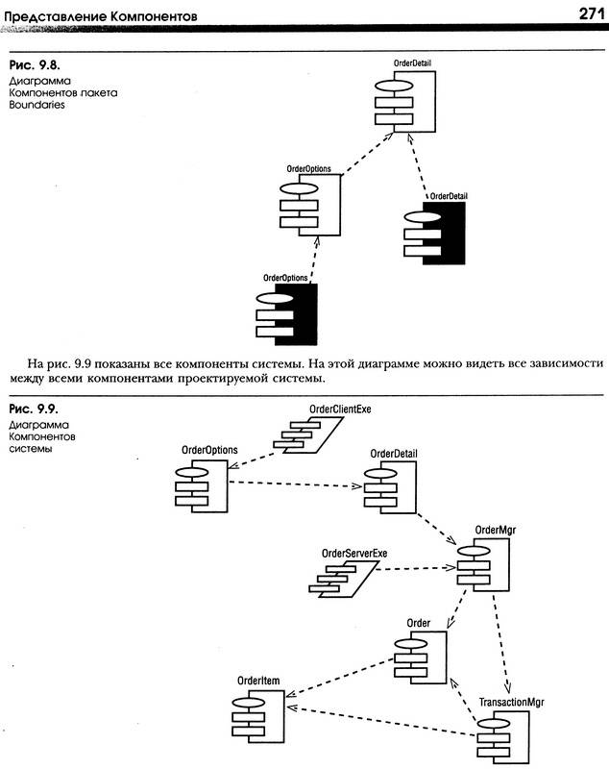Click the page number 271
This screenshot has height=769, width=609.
592,13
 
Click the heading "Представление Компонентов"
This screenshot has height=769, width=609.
101,16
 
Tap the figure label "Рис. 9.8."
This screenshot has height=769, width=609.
35,64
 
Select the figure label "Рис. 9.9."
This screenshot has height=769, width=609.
34,409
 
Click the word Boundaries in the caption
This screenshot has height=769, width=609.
37,105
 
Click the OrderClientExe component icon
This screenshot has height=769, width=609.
308,434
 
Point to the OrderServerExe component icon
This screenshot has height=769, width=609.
344,579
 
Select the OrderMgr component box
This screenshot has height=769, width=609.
483,564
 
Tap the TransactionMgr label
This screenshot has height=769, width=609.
511,703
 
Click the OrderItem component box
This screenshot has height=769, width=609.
257,716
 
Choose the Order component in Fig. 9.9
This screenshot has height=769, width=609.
421,657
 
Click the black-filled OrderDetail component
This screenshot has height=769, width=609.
434,233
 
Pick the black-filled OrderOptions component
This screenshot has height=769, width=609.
286,314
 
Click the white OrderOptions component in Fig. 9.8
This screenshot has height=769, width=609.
310,205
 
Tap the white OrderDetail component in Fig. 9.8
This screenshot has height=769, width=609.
405,102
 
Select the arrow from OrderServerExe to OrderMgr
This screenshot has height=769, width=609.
418,568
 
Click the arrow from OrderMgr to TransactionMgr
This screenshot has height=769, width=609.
501,642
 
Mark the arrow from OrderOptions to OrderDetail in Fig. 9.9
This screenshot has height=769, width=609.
296,484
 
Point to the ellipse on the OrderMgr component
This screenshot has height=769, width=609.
474,550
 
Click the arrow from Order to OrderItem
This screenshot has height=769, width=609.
340,678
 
